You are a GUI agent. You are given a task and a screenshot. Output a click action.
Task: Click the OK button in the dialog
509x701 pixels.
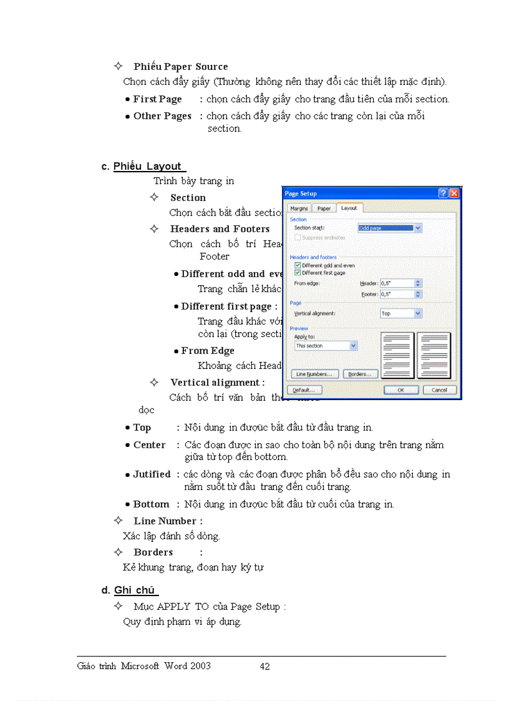[x=401, y=390]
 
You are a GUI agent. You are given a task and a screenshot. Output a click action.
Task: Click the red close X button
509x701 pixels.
[x=454, y=194]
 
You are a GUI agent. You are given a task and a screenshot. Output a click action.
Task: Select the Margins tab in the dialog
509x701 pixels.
[x=299, y=208]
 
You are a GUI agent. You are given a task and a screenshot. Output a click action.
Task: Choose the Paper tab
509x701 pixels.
[x=324, y=208]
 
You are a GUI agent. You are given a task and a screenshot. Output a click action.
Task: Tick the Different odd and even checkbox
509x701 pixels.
[x=298, y=265]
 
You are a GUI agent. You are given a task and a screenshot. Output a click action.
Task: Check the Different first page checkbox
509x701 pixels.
[x=298, y=273]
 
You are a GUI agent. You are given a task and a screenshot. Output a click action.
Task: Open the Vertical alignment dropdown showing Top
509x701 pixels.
[x=401, y=313]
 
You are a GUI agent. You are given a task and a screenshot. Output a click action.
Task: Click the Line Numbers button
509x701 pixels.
[x=315, y=374]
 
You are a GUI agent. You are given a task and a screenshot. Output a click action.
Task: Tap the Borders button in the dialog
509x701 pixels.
[x=361, y=374]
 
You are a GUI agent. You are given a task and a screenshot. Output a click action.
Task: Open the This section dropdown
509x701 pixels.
[x=326, y=345]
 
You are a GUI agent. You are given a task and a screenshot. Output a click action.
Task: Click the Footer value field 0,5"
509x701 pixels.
[x=397, y=294]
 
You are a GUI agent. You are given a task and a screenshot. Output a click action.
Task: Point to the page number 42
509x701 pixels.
[x=265, y=666]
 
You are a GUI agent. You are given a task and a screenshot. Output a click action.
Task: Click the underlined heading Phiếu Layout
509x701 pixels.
[x=148, y=166]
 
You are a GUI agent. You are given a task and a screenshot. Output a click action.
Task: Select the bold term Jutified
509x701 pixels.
[x=152, y=474]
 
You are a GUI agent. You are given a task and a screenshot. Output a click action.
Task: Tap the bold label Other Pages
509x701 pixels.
[x=162, y=116]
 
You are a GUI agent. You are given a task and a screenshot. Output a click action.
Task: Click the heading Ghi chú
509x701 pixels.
[x=135, y=590]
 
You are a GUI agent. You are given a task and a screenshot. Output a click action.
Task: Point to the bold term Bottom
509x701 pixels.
[x=151, y=504]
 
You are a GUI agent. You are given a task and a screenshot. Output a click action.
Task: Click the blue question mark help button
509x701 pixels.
[x=443, y=194]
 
